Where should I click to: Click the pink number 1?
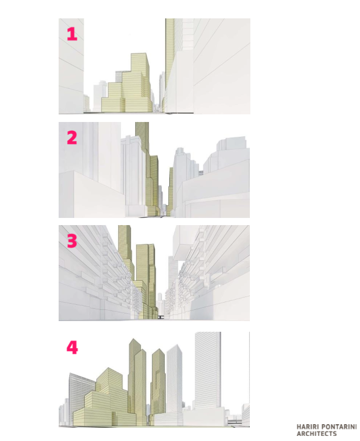point(72,34)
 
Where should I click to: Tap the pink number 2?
point(72,138)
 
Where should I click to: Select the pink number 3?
point(72,241)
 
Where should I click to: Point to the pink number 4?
point(72,348)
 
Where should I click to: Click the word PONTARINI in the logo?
point(338,427)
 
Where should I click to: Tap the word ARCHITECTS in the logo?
point(317,434)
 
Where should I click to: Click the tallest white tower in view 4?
point(208,371)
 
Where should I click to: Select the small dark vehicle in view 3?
point(161,317)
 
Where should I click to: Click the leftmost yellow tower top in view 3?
point(124,242)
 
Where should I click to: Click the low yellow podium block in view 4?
point(93,416)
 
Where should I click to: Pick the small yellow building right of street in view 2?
point(171,191)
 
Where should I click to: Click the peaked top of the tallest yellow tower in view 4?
point(133,339)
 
